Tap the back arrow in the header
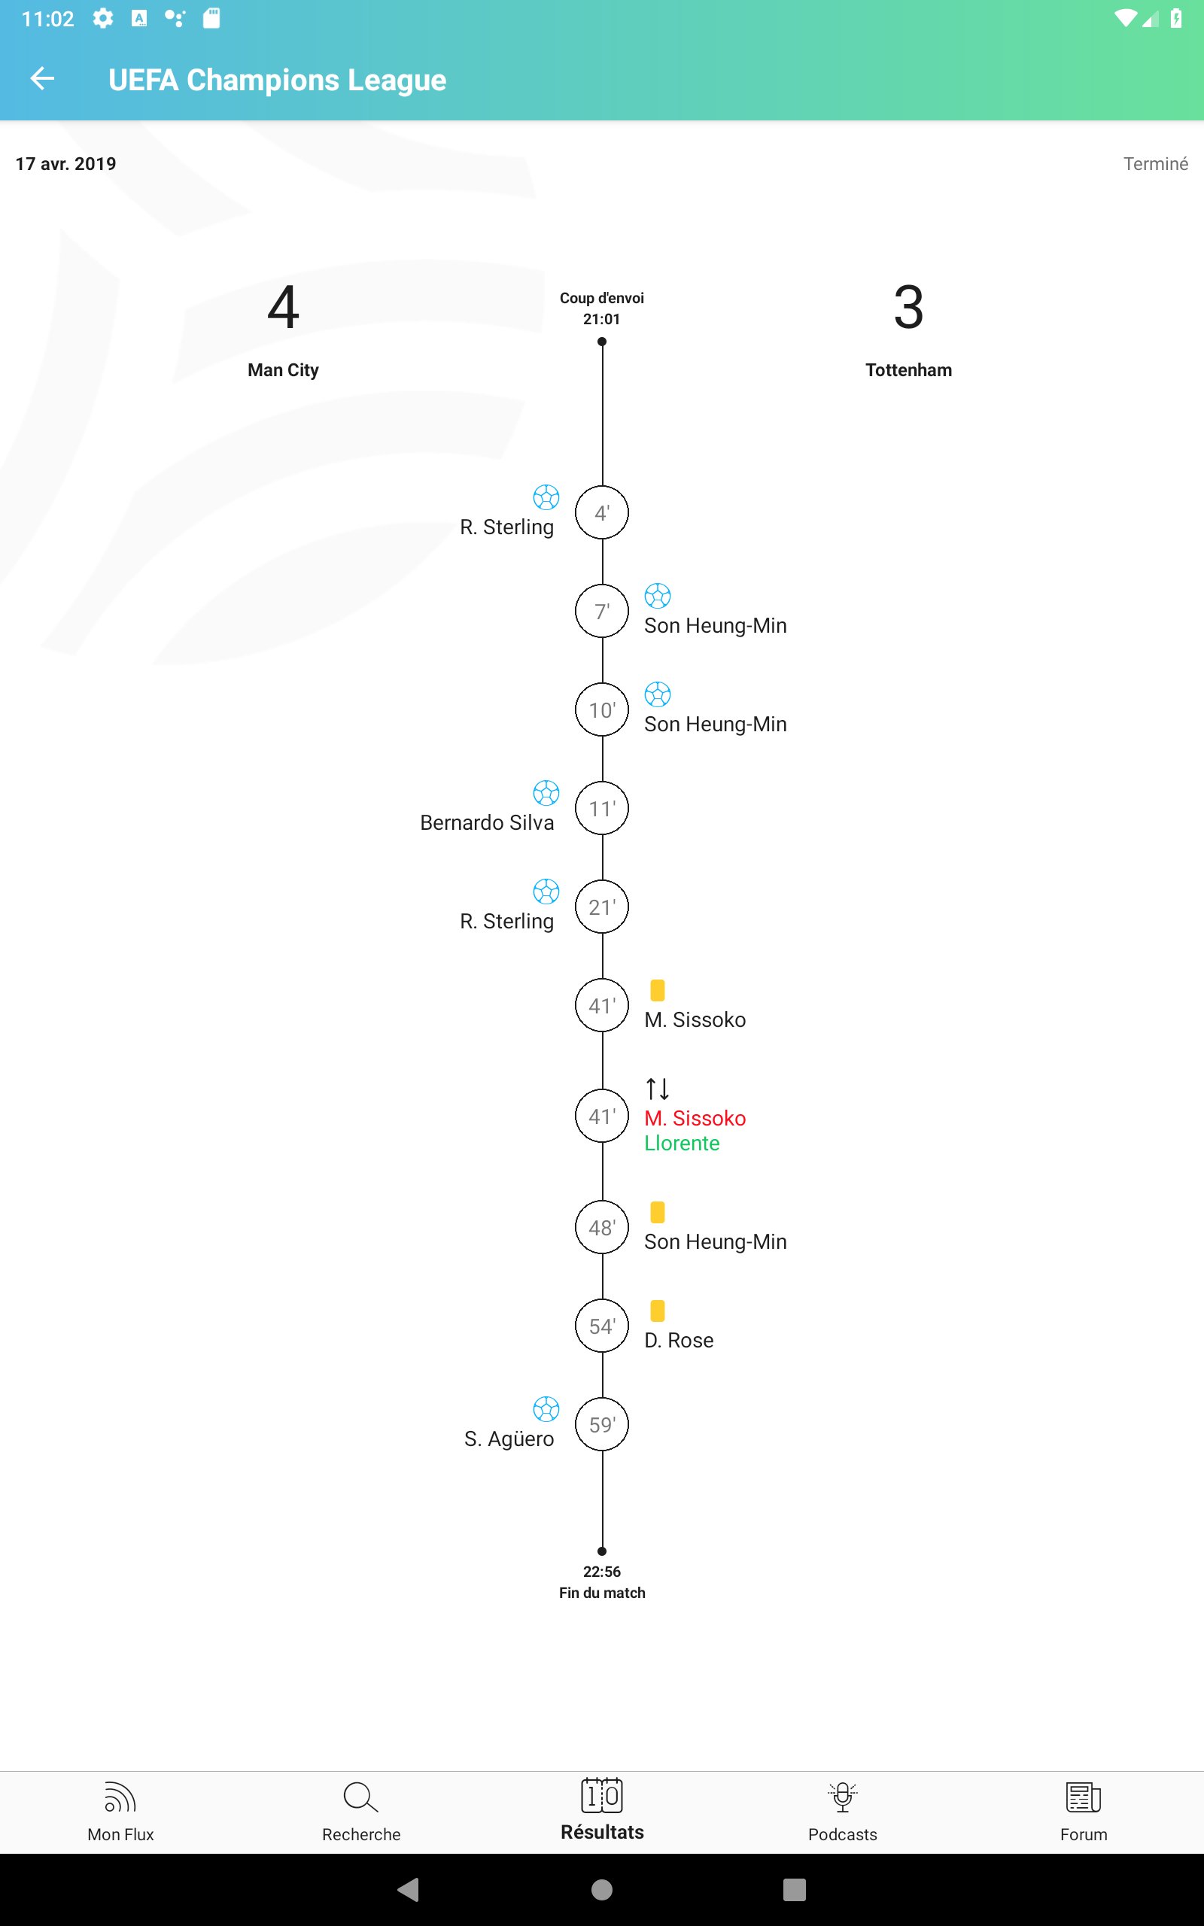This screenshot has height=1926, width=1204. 42,78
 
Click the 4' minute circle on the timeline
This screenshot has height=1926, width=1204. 602,512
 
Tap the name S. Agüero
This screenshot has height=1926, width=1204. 509,1439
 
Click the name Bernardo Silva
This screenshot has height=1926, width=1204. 487,822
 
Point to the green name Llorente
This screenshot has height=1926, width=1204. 682,1143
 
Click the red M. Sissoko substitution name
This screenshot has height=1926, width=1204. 695,1118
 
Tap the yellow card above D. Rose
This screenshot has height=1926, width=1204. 658,1310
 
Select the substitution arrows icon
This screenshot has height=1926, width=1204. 658,1088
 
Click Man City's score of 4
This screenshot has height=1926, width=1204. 284,307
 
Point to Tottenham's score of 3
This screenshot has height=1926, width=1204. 908,307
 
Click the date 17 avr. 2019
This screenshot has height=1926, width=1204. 66,164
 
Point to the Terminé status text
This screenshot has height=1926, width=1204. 1155,164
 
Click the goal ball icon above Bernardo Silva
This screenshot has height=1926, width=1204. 546,793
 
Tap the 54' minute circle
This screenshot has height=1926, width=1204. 602,1326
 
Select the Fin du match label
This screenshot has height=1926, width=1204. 602,1593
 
